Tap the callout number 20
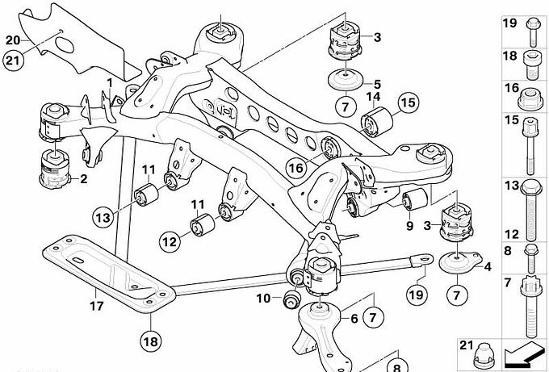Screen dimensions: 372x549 [13, 39]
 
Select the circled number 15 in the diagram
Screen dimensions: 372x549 [408, 102]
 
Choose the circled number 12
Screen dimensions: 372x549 [169, 240]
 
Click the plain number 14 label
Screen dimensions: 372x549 [373, 98]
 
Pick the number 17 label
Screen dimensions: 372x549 [94, 306]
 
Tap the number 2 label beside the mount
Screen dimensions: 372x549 [82, 179]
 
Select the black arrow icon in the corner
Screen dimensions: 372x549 [522, 352]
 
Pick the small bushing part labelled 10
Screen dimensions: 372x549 [291, 301]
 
